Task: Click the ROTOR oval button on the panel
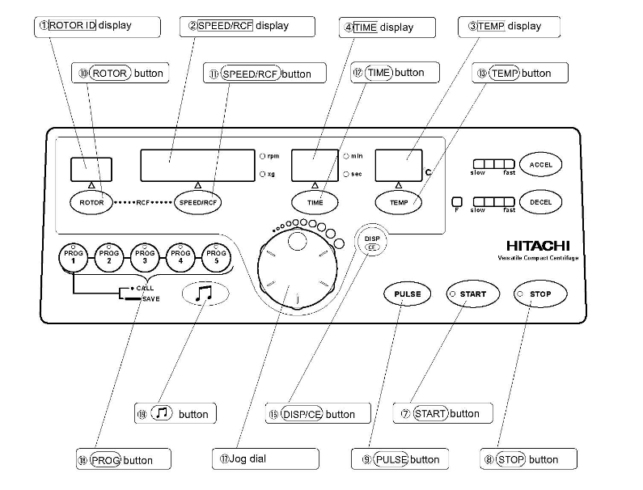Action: pos(91,202)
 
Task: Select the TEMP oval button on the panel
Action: pos(399,202)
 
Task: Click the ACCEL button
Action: pos(540,164)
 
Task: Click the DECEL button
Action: pos(540,202)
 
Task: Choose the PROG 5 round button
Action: pos(216,258)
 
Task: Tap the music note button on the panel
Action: pos(205,294)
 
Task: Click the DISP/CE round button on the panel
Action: pos(372,243)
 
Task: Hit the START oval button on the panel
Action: pos(469,294)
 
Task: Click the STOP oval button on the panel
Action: pos(539,294)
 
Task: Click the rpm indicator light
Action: pos(262,155)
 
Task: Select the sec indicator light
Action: pos(346,174)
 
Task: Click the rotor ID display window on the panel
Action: pos(91,168)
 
